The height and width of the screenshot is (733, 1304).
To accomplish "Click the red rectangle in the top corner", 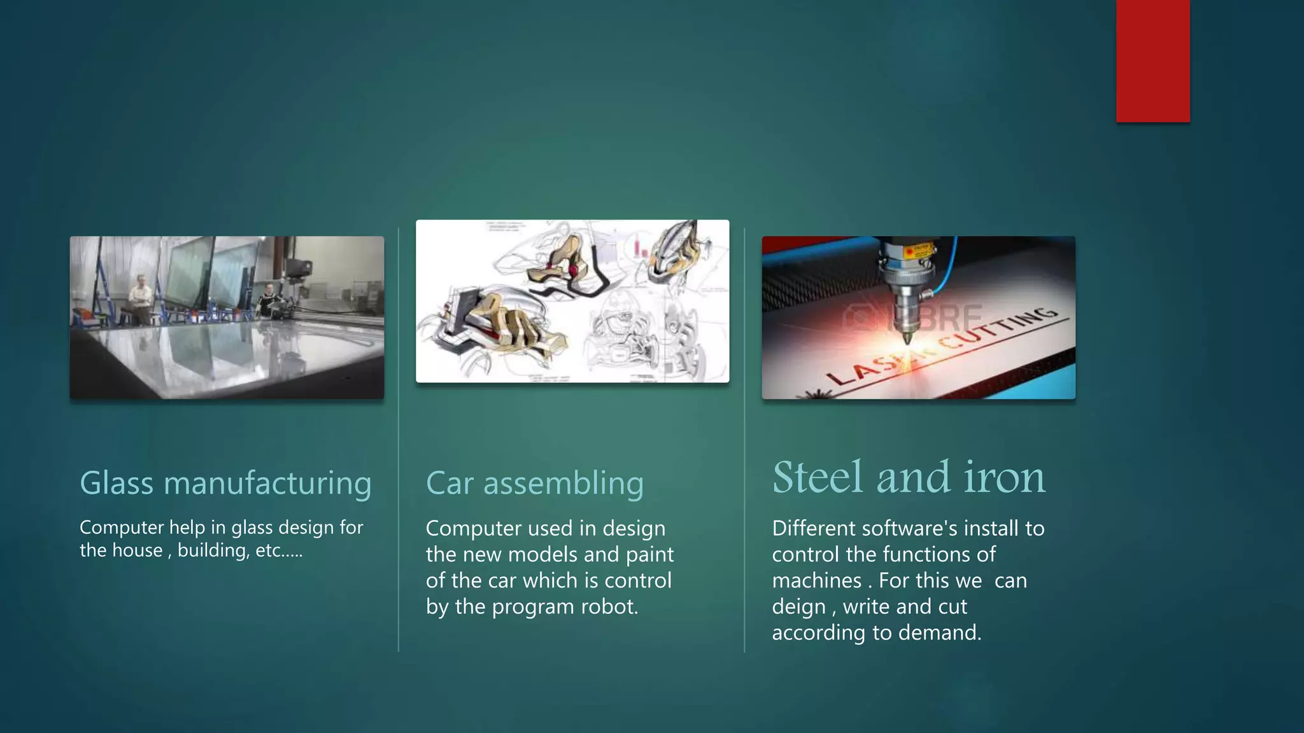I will (1152, 60).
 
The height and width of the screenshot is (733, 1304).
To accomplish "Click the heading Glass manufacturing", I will (225, 483).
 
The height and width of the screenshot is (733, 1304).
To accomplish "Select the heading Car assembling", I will (534, 483).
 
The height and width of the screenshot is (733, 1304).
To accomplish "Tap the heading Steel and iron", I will (909, 477).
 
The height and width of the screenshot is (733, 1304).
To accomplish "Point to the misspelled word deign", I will (798, 606).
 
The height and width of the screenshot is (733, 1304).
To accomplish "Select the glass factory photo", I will (227, 318).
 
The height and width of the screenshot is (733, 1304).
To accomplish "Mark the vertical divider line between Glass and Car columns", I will (399, 439).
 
